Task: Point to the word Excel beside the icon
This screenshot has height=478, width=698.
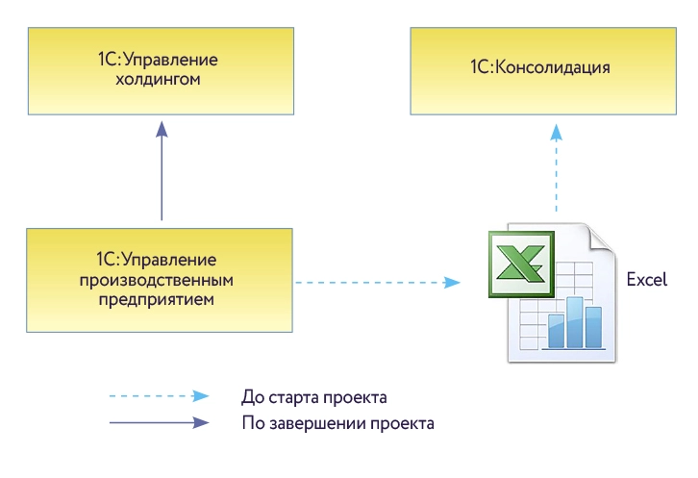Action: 646,281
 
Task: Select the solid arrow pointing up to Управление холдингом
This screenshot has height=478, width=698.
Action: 161,173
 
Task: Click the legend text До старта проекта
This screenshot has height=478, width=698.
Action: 314,396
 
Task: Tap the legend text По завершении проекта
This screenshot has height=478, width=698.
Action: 337,422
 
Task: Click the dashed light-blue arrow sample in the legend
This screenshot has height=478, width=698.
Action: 159,396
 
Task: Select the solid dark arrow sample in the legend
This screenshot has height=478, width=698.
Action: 159,422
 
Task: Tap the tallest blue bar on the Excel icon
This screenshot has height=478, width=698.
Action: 574,321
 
